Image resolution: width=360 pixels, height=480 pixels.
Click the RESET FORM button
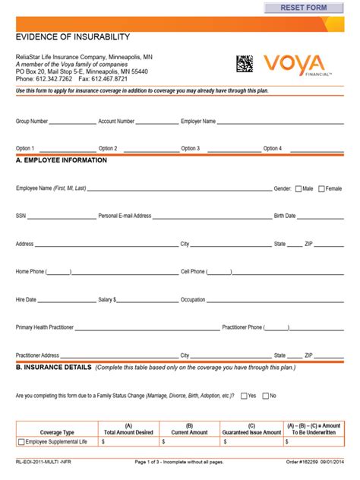tap(303, 8)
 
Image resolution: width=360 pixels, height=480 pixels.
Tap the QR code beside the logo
tap(245, 64)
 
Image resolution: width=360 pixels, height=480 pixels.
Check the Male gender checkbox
tap(298, 188)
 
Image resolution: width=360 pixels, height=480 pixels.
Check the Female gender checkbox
tap(322, 188)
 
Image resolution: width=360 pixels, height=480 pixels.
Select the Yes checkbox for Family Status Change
tap(242, 396)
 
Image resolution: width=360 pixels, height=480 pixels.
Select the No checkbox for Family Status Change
tap(264, 396)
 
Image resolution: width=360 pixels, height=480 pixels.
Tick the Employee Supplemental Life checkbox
tap(21, 441)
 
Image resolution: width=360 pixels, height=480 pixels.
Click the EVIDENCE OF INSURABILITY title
tap(73, 36)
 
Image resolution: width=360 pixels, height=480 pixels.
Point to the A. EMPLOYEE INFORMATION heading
tap(62, 161)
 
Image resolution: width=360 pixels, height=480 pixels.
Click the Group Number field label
tap(32, 121)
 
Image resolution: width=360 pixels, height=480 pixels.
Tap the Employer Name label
tap(198, 121)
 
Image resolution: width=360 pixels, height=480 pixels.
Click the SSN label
tap(21, 216)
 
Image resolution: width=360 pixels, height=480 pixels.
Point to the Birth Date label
tap(285, 216)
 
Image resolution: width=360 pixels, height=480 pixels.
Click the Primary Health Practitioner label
tap(45, 327)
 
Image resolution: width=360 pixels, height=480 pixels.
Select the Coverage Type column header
tap(57, 432)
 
